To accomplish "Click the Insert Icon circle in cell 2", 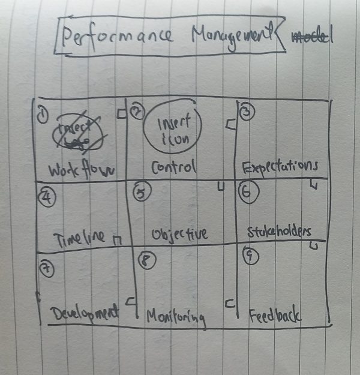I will click(174, 128).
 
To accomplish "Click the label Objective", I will click(180, 233).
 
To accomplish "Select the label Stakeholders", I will click(280, 231).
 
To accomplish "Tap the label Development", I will click(83, 313).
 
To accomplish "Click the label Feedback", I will click(275, 315).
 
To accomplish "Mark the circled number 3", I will click(247, 112).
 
